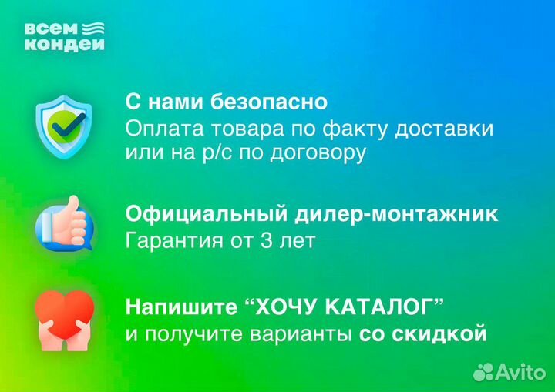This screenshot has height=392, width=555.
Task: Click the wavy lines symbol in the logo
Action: [x=93, y=29]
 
